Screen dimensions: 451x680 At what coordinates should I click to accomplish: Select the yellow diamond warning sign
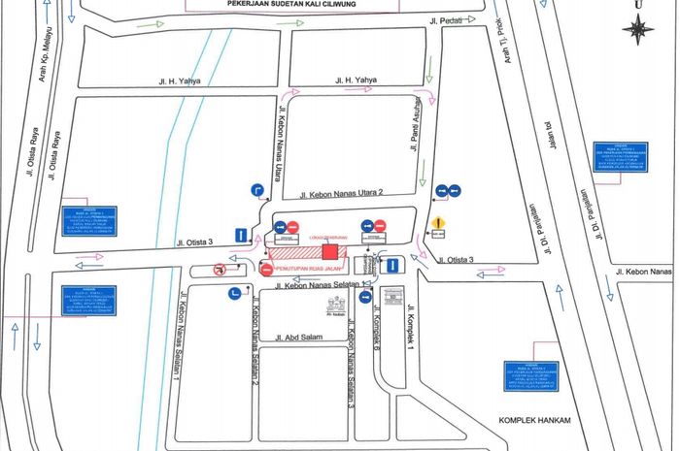[438, 221]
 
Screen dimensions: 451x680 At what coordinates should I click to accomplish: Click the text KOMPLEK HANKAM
[531, 420]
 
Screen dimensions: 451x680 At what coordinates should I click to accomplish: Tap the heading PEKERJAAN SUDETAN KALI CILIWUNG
[339, 4]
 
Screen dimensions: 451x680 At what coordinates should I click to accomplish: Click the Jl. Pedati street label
[446, 19]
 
